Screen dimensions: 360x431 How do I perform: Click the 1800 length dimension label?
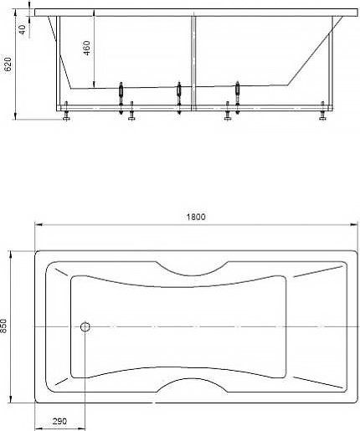pyautogui.click(x=196, y=217)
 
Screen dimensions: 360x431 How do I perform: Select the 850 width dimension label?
pyautogui.click(x=3, y=326)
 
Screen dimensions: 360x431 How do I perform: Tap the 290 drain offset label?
pyautogui.click(x=59, y=421)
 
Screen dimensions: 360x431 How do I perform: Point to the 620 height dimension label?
pyautogui.click(x=8, y=64)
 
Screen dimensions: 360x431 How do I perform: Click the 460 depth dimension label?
pyautogui.click(x=87, y=48)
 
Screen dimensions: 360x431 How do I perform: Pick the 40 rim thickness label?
pyautogui.click(x=23, y=29)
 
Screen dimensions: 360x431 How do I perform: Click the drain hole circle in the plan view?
pyautogui.click(x=85, y=326)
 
